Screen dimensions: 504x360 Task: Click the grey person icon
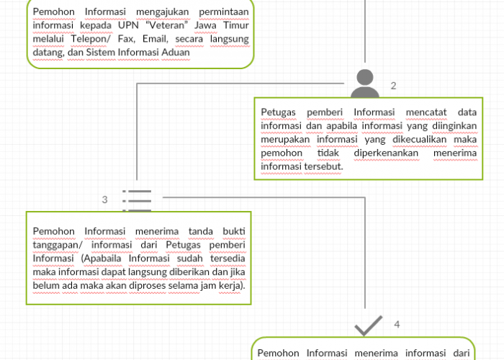pos(365,84)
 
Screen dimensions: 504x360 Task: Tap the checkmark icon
pos(369,325)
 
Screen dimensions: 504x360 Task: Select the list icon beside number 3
pos(137,201)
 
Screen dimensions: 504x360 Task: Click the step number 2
pos(393,86)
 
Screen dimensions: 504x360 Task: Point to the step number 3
pos(105,199)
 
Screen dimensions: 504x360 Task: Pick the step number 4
pos(397,324)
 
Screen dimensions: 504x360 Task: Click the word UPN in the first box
pos(128,25)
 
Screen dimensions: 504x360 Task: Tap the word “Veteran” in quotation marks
pos(166,25)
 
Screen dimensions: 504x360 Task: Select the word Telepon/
pos(91,39)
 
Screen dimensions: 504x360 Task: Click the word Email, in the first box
pos(156,39)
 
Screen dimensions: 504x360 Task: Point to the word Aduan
pos(176,52)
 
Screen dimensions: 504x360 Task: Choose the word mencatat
pos(426,112)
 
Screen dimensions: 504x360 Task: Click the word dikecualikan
pos(420,139)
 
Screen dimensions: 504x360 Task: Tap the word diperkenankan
pos(386,153)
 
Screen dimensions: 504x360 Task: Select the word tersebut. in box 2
pos(324,166)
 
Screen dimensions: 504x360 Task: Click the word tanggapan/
pos(58,245)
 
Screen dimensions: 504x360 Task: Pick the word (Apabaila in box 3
pos(102,258)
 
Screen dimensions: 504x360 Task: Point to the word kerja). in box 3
pos(232,285)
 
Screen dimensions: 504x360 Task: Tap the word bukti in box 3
pos(234,231)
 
